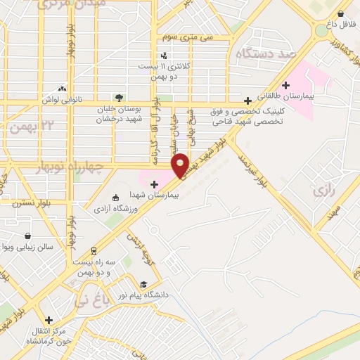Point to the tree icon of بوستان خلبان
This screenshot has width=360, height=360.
pyautogui.click(x=118, y=98)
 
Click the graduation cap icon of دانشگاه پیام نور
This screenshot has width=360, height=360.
pyautogui.click(x=143, y=284)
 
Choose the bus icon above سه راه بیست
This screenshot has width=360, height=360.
pyautogui.click(x=94, y=250)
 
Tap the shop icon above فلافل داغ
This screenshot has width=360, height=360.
pyautogui.click(x=341, y=13)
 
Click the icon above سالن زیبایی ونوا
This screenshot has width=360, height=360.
pyautogui.click(x=27, y=236)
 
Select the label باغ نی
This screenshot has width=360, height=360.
pyautogui.click(x=91, y=302)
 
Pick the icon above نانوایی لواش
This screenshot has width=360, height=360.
pyautogui.click(x=63, y=89)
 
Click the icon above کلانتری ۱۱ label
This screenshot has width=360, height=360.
pyautogui.click(x=164, y=55)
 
